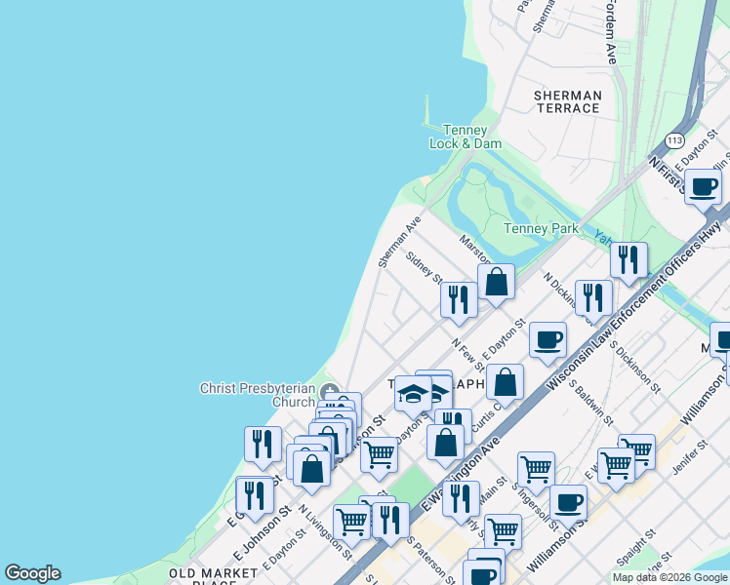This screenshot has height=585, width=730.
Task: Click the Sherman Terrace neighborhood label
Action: [x=567, y=101]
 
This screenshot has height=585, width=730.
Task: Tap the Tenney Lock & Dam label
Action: [x=466, y=136]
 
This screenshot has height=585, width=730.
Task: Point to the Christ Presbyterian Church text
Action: [x=258, y=394]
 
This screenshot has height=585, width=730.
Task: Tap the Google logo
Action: [x=32, y=573]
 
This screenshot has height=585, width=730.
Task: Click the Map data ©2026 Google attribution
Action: [x=669, y=577]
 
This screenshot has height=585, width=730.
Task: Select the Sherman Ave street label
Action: [x=398, y=242]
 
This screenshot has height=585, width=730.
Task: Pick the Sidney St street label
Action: [x=425, y=265]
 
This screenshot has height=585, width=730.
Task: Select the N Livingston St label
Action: [x=326, y=530]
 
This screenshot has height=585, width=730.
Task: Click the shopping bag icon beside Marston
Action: [x=496, y=284]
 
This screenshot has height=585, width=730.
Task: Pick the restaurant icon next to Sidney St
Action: [x=457, y=298]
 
